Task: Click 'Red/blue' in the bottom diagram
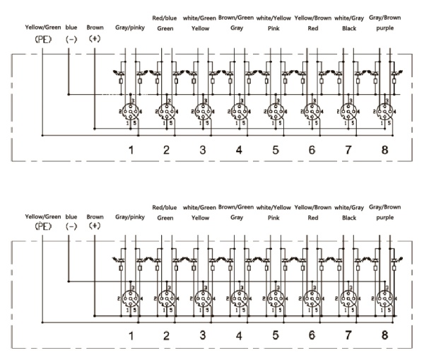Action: [165, 207]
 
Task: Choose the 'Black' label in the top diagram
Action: [348, 30]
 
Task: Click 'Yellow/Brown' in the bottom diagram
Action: [312, 207]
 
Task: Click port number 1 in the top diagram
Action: [130, 150]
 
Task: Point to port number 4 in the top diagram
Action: [239, 150]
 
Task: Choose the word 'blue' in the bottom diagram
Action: [71, 216]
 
